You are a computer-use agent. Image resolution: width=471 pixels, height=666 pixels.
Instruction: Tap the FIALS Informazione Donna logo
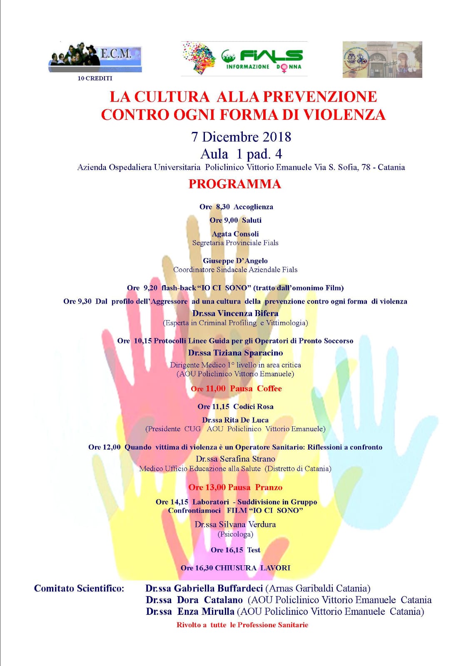point(244,59)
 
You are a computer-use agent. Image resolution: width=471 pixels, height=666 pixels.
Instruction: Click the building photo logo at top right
point(382,60)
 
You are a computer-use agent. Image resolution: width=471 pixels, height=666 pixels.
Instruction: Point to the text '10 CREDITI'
point(95,78)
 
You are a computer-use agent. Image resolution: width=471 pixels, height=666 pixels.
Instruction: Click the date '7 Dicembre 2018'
point(241,137)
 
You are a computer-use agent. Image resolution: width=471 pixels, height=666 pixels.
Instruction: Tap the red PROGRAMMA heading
point(235,184)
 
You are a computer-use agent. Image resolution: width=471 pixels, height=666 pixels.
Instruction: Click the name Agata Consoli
point(235,234)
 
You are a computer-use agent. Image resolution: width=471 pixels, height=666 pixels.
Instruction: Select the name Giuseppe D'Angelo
point(235,261)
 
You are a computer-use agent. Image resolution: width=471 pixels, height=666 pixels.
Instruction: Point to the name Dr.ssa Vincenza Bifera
point(235,313)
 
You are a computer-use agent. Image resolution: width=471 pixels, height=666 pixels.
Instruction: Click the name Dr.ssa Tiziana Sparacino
point(235,353)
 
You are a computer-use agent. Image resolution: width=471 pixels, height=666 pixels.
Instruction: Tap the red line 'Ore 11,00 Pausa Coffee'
point(236,388)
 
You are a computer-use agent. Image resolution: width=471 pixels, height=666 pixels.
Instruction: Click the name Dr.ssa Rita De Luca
point(235,420)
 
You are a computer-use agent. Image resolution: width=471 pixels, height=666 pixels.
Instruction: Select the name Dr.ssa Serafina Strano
point(235,459)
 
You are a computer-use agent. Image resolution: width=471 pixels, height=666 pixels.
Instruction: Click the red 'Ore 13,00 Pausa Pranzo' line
point(235,487)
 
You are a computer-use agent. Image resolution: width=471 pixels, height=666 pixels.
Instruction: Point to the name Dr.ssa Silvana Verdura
point(235,524)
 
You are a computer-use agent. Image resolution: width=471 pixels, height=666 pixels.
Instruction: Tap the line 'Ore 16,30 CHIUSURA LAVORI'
point(235,568)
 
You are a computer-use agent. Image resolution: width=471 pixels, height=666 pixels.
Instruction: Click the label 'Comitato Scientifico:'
point(79,588)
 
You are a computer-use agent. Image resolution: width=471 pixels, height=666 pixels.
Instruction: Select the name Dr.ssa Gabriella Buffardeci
point(204,588)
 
